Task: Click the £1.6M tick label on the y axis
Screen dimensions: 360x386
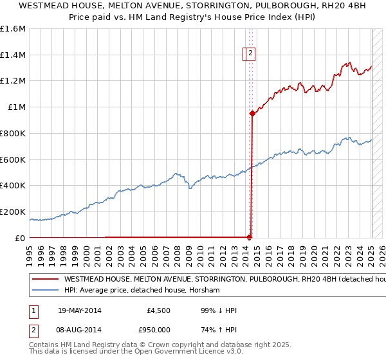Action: click(13, 29)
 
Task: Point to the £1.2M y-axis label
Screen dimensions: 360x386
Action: click(13, 81)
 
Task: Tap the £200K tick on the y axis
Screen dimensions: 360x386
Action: click(13, 212)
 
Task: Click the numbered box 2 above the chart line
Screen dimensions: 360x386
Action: click(250, 54)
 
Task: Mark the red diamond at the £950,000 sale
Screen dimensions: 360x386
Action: click(252, 114)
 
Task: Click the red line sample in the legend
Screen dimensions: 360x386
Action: click(45, 280)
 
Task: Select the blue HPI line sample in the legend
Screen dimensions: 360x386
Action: click(45, 291)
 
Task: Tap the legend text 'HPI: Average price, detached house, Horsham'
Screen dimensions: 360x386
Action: click(142, 291)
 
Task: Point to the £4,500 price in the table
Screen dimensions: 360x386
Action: click(158, 311)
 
